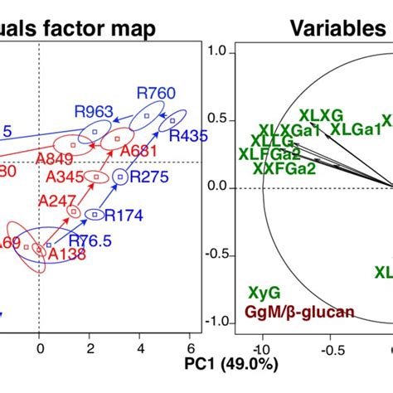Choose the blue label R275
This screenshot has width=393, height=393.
pyautogui.click(x=149, y=177)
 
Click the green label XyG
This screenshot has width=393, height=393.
pyautogui.click(x=264, y=292)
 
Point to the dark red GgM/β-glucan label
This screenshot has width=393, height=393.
pyautogui.click(x=299, y=312)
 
